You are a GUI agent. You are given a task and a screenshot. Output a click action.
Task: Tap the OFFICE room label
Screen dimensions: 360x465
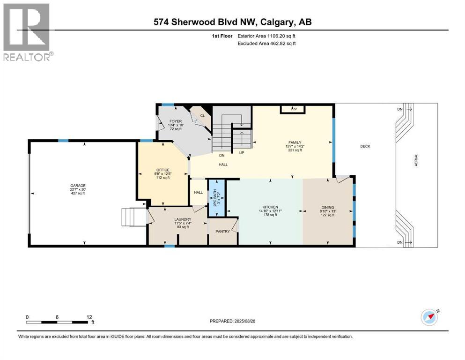pos(162,170)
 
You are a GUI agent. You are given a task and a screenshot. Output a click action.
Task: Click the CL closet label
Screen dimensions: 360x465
pos(203,115)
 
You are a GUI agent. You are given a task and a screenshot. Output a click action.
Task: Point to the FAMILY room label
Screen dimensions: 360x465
pos(295,142)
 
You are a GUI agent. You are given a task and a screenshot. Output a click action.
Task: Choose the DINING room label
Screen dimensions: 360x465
pos(327,207)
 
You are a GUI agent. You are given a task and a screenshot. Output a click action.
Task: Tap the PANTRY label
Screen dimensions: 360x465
pos(222,231)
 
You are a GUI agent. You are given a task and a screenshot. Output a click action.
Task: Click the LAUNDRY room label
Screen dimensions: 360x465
pos(181,219)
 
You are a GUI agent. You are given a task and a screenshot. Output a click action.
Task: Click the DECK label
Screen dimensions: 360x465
pos(365,146)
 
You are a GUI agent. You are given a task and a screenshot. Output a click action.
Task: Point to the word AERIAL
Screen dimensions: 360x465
pos(416,161)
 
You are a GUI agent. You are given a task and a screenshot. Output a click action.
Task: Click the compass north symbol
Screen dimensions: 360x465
pos(429,316)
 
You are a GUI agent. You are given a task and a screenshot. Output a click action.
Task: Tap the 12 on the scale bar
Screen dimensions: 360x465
pos(89,317)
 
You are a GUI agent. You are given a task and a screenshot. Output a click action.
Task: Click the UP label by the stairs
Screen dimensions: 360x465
pos(241,153)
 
